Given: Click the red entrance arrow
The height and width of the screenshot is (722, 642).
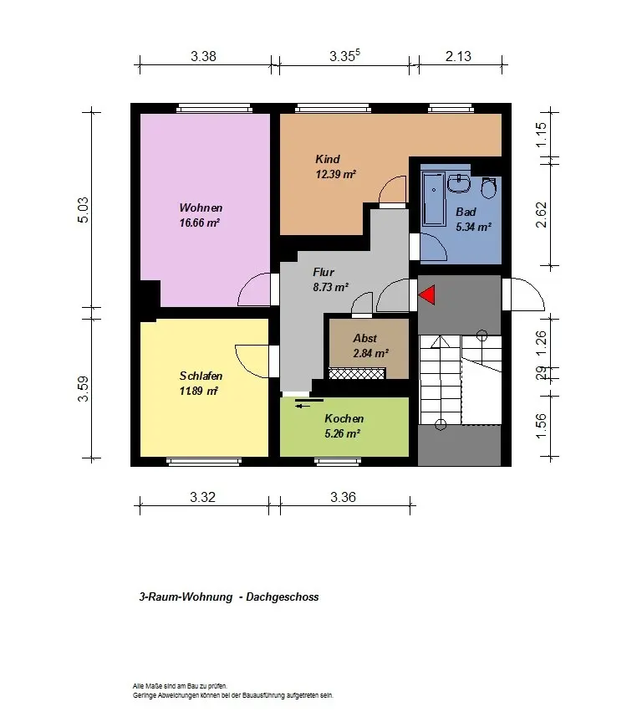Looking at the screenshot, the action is coord(428,294).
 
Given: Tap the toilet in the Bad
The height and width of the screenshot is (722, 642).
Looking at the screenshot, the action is coord(488,188).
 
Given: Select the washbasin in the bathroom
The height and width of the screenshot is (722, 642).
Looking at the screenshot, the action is coord(459,183).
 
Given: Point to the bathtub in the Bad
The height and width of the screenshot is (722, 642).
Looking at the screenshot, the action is coord(434,200).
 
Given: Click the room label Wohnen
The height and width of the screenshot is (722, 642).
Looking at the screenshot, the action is coord(201,207).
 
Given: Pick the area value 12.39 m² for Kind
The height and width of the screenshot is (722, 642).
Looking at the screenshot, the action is coord(335,174).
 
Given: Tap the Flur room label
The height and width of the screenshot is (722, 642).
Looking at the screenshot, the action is coord(324,272).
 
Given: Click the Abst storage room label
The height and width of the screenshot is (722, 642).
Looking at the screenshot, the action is coord(365,339).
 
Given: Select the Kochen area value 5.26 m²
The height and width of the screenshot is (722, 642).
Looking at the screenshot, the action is coord(342,433).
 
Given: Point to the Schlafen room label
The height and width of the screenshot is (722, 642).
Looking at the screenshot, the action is coord(201,376).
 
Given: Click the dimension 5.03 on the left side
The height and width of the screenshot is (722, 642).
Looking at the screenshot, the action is coord(83,210).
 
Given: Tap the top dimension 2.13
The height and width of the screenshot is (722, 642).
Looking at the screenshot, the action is coord(458,56).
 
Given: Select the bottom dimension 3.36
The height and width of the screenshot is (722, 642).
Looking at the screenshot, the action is coord(343,497).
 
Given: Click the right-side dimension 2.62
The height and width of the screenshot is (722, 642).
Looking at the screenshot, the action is coord(542,214).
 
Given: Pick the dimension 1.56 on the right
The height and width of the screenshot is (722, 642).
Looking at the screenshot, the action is coord(542,426).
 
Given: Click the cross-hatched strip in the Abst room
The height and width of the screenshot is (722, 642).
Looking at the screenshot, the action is coord(357,373).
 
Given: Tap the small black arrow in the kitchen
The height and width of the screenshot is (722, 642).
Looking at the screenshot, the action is coord(303,406).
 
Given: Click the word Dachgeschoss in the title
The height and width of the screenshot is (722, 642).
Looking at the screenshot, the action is coord(282,597).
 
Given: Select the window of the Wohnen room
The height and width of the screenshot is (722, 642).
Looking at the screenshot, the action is coord(215,109).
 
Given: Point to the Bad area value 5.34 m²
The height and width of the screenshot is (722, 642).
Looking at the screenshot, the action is coord(474,227).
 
